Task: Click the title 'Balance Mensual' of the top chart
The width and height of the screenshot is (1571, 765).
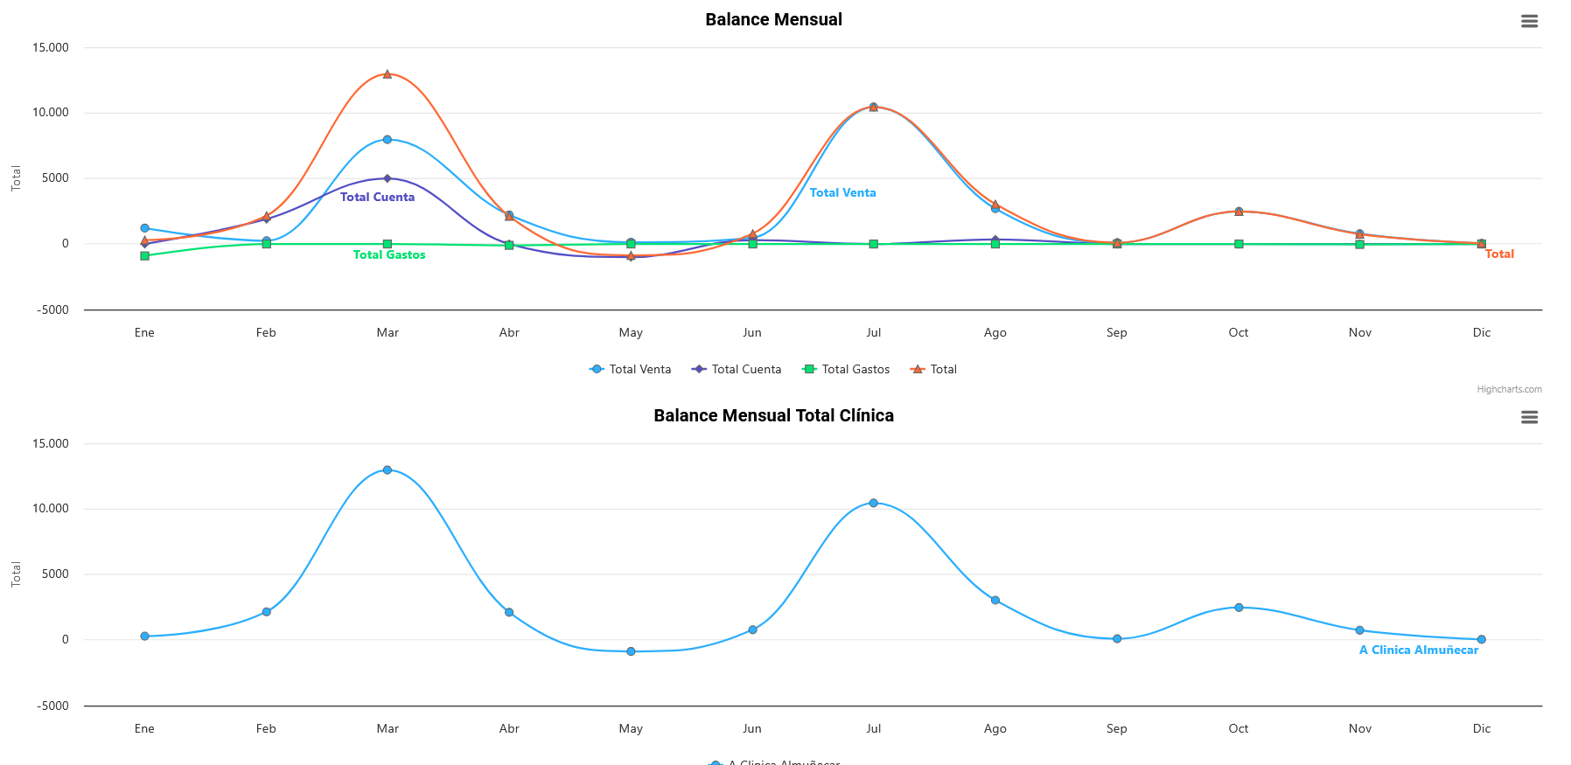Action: pyautogui.click(x=773, y=19)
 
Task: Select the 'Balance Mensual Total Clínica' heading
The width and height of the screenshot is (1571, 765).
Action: pyautogui.click(x=773, y=415)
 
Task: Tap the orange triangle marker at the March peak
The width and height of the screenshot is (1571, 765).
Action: pyautogui.click(x=388, y=74)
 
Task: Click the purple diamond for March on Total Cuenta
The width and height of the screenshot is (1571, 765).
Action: pyautogui.click(x=388, y=178)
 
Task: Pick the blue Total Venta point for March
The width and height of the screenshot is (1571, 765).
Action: pyautogui.click(x=388, y=140)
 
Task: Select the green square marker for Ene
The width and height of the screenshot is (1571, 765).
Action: pyautogui.click(x=145, y=256)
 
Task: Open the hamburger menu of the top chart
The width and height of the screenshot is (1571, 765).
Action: pyautogui.click(x=1529, y=21)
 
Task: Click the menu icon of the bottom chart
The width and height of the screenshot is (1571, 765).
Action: pyautogui.click(x=1529, y=417)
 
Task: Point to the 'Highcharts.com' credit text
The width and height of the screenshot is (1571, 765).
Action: pyautogui.click(x=1509, y=390)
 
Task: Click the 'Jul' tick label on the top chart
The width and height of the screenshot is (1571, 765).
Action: pyautogui.click(x=874, y=333)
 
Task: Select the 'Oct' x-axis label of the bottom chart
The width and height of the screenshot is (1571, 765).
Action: pyautogui.click(x=1238, y=729)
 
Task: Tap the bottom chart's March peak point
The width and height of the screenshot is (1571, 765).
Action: pyautogui.click(x=388, y=470)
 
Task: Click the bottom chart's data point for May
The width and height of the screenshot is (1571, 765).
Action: pyautogui.click(x=631, y=651)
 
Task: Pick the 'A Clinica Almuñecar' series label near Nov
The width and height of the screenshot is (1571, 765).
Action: pyautogui.click(x=1418, y=650)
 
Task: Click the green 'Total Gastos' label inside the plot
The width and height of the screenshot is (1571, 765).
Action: pyautogui.click(x=389, y=255)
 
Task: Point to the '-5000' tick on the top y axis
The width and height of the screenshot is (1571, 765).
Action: pyautogui.click(x=52, y=310)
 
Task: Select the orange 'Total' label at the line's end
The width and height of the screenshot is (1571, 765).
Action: pyautogui.click(x=1499, y=254)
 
